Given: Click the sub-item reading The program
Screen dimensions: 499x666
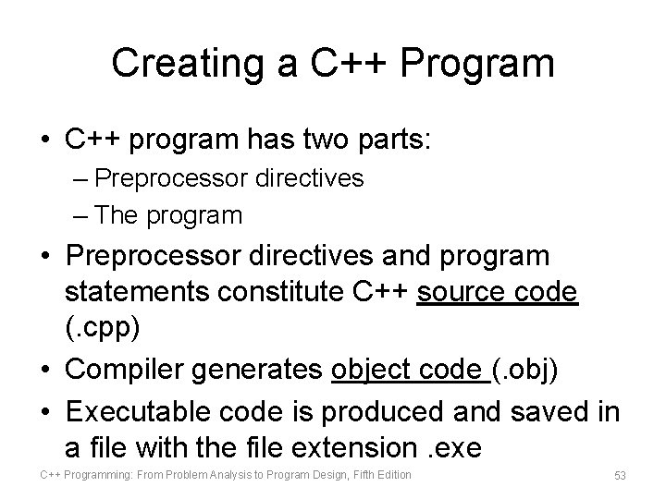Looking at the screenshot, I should tap(167, 215).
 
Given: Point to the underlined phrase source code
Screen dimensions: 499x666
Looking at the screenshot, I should tap(499, 291).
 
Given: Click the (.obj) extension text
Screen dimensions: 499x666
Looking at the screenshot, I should tap(524, 370).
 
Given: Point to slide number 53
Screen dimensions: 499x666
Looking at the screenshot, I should tap(620, 475).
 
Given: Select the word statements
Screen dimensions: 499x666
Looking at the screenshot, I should tap(135, 291).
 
